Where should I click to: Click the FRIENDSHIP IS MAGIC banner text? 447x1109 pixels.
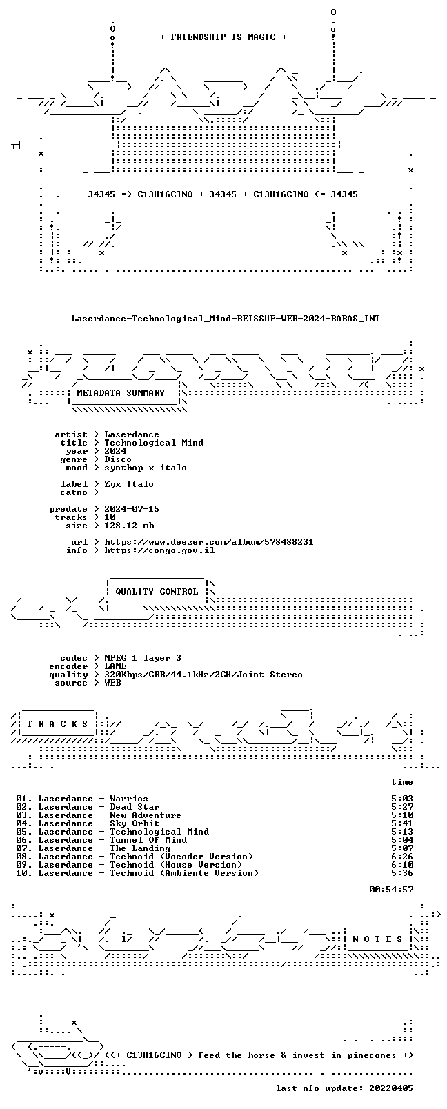[x=223, y=37]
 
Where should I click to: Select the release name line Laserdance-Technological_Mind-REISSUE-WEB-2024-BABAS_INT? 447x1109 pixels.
[x=226, y=319]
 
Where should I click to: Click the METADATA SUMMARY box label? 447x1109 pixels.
[x=120, y=393]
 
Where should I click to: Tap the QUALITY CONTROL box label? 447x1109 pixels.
[x=157, y=592]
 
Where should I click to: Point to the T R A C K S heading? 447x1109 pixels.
[x=57, y=724]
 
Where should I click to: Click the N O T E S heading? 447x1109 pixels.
[x=378, y=939]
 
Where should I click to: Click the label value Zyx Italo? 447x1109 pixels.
[x=129, y=484]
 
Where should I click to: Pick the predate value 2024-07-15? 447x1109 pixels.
[x=132, y=509]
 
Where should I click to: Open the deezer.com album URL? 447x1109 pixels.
[x=209, y=542]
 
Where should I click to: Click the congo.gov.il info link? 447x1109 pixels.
[x=159, y=550]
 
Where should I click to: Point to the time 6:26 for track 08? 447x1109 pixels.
[x=402, y=857]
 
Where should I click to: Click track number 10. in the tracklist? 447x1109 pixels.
[x=24, y=873]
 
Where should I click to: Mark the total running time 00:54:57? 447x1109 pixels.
[x=391, y=890]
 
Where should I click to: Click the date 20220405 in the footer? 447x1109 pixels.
[x=391, y=1088]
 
